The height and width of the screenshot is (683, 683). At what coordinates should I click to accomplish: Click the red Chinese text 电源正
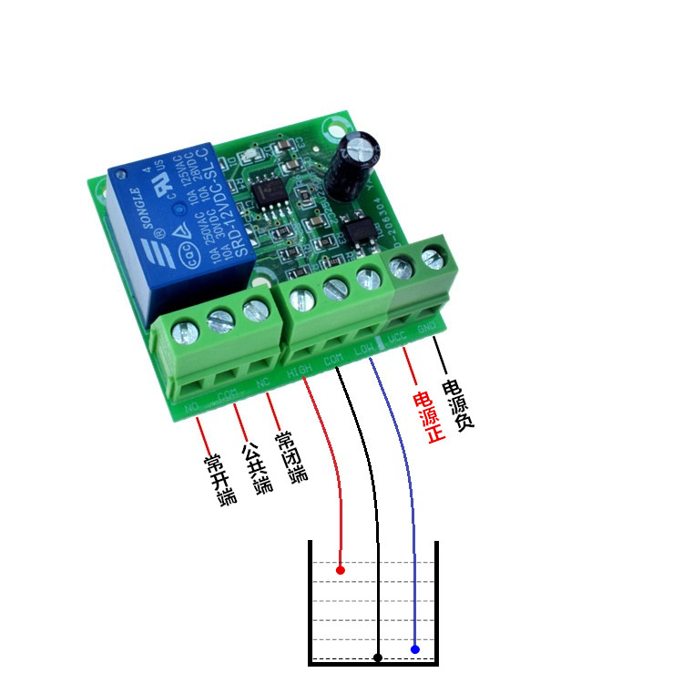[426, 417]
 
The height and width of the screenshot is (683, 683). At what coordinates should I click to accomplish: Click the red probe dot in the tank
[340, 570]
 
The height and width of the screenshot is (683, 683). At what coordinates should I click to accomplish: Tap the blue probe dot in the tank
[414, 649]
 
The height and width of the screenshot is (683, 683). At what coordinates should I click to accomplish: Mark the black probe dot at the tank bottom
[377, 657]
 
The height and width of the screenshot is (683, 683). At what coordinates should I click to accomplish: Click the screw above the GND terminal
[433, 260]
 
